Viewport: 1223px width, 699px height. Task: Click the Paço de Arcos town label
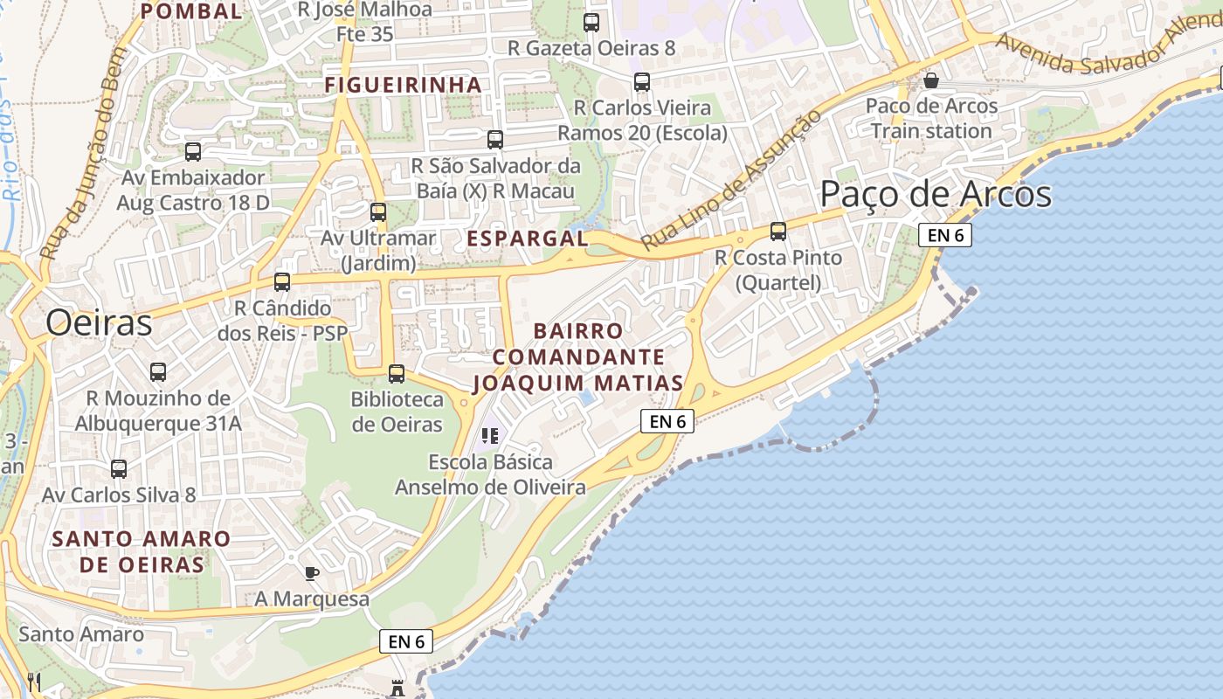[936, 194]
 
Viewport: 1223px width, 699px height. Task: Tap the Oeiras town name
[99, 322]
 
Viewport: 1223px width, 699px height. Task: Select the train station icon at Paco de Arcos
[931, 81]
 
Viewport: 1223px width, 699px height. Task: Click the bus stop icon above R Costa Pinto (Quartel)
[778, 232]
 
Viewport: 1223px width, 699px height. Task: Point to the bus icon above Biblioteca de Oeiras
[397, 374]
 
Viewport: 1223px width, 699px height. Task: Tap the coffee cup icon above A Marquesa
[312, 573]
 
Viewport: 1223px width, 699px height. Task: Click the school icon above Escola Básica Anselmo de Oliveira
[490, 435]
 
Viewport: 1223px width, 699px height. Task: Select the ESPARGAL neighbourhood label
[527, 239]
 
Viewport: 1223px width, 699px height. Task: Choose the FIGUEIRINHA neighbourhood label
[403, 85]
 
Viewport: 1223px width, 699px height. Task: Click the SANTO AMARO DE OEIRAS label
[142, 551]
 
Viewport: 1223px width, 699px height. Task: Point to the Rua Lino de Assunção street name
[731, 181]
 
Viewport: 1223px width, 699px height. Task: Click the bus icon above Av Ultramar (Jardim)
[378, 212]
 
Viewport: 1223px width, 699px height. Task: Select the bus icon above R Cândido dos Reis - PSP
[282, 282]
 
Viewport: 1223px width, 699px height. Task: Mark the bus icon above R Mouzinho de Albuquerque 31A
[158, 372]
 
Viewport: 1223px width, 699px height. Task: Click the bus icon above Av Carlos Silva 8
[119, 469]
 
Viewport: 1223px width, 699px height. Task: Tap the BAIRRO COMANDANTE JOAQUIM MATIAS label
[578, 357]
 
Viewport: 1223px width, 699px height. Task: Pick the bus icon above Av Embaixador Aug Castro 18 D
[193, 152]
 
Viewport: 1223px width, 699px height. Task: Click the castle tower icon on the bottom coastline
[398, 687]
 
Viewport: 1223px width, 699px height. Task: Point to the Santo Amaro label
[81, 633]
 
